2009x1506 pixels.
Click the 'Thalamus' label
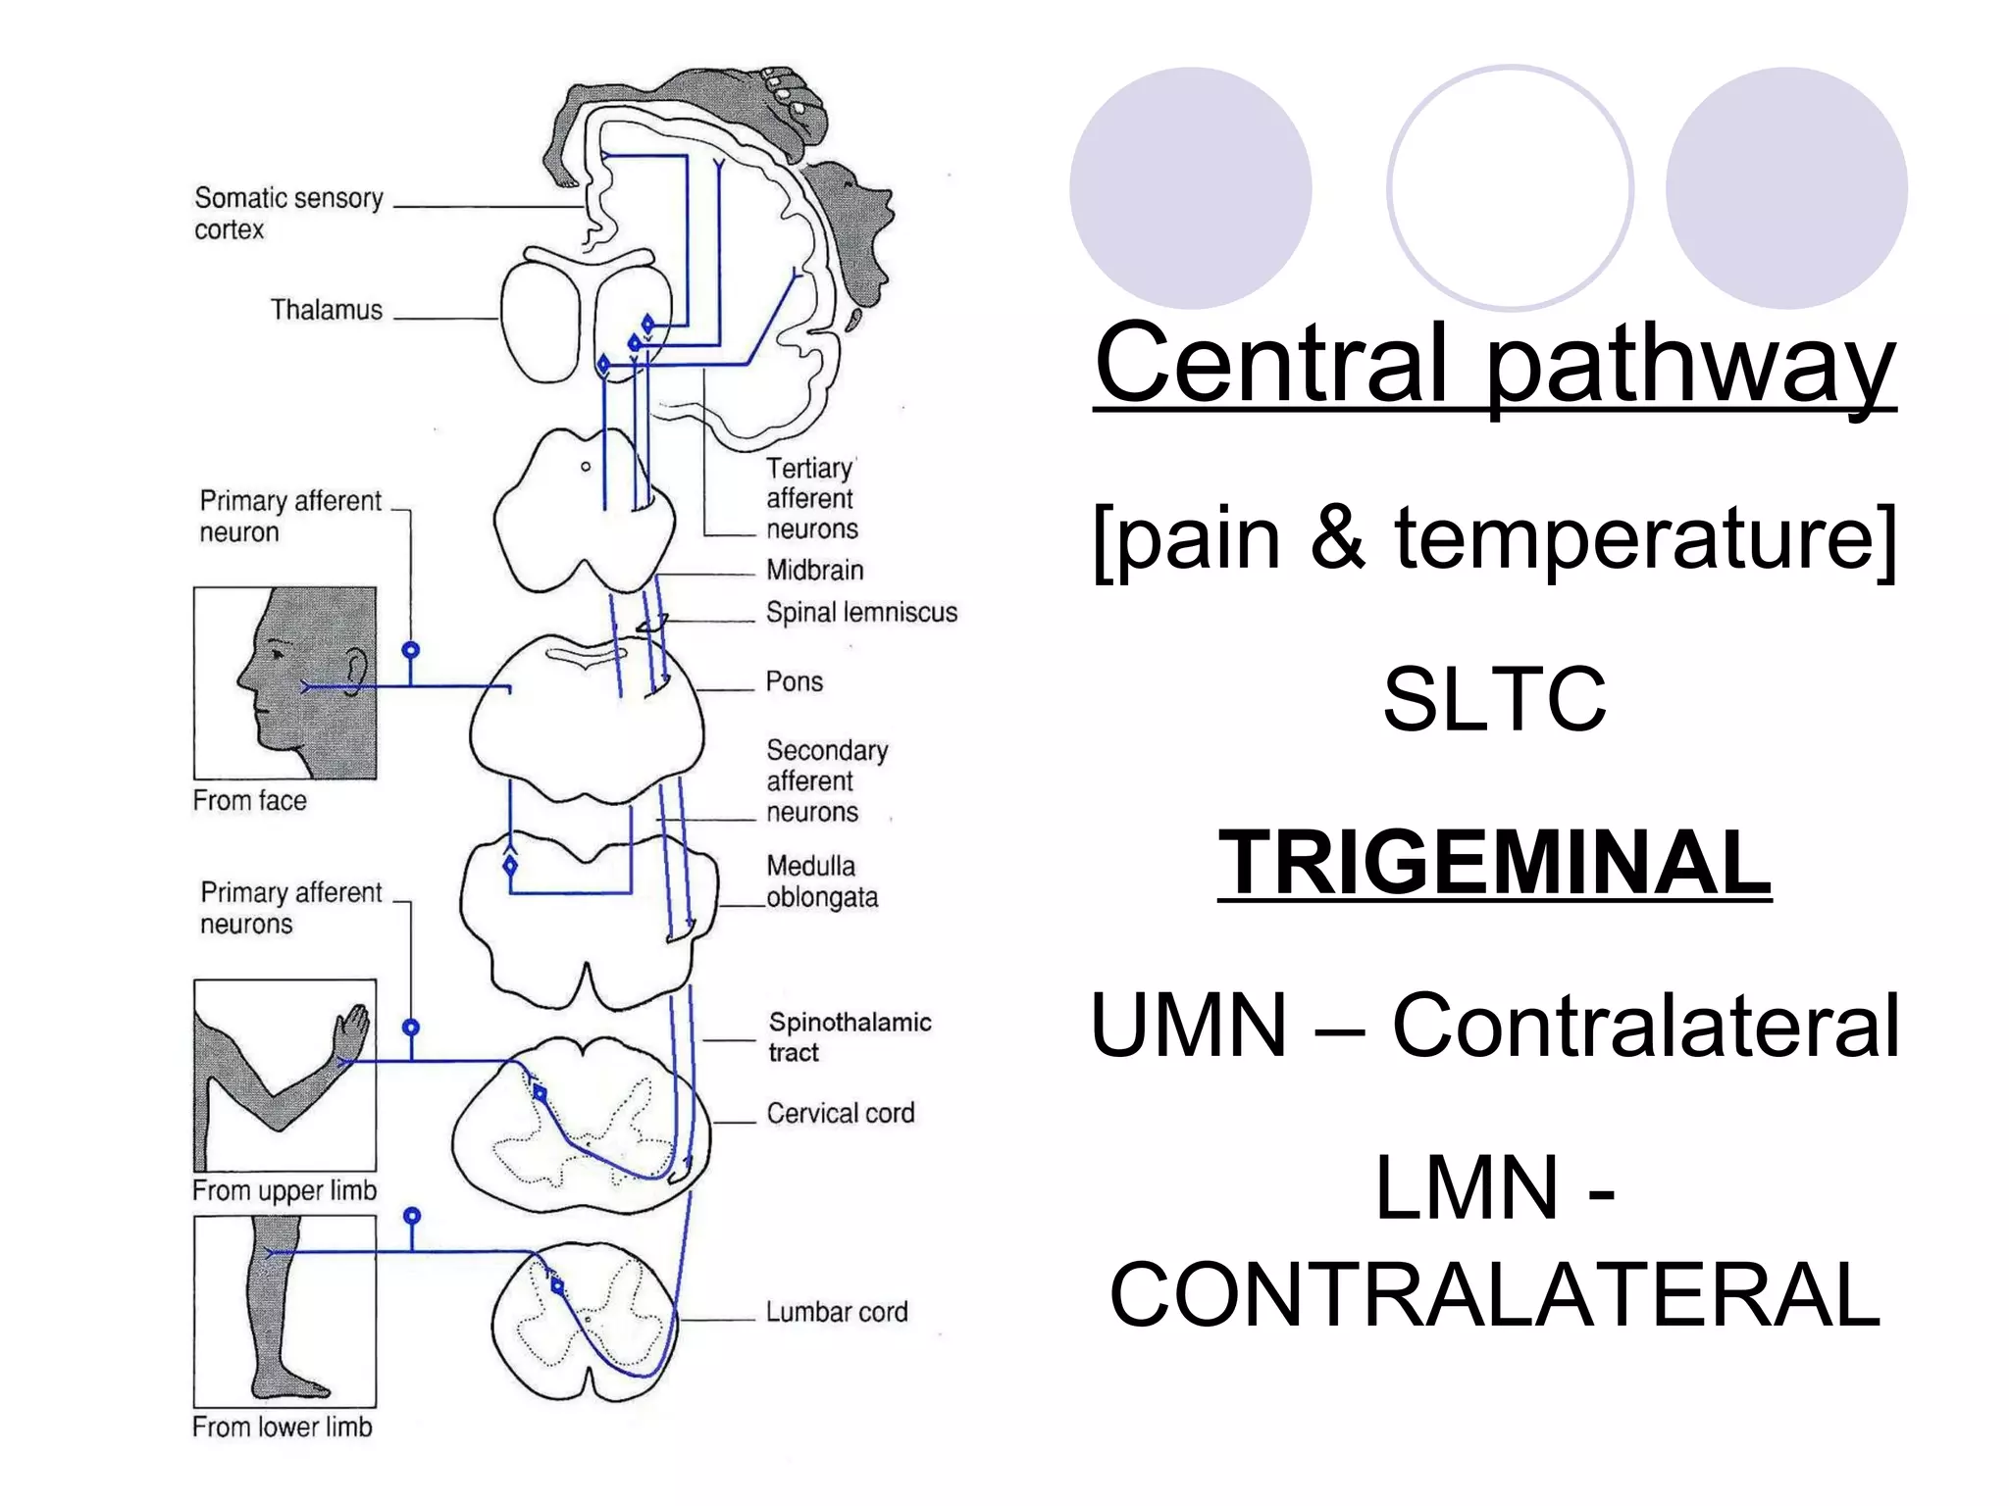coord(326,310)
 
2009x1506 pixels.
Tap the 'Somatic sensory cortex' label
coord(287,213)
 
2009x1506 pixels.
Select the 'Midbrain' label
coord(814,570)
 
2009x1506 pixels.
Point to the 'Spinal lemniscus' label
coord(860,613)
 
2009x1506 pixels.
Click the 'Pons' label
coord(794,681)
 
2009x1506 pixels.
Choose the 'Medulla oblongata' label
coord(821,881)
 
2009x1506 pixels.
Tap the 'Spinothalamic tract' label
coord(849,1036)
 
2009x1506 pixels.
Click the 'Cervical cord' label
coord(840,1113)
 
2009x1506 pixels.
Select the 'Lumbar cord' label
coord(836,1312)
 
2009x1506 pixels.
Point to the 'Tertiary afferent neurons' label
coord(811,498)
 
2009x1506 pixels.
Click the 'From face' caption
coord(249,801)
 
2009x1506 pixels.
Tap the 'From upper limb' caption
coord(284,1190)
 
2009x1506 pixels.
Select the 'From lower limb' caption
coord(283,1427)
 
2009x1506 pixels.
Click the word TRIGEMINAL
coord(1494,862)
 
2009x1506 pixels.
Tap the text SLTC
coord(1494,698)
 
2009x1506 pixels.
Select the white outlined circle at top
coord(1510,187)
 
